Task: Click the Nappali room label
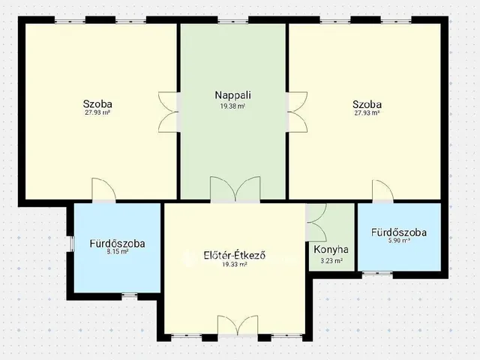coord(233,95)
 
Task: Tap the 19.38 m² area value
coord(232,106)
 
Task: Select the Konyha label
coord(331,250)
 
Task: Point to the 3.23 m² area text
coord(331,261)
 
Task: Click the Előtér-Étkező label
coord(235,255)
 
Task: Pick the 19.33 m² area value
coord(235,265)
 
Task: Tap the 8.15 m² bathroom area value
coord(117,252)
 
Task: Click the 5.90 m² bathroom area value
coord(399,241)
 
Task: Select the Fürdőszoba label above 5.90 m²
coord(399,232)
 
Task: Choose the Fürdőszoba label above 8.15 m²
coord(117,244)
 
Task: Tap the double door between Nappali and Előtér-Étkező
coord(235,190)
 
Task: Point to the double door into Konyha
coord(316,222)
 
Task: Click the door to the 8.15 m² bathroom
coord(104,190)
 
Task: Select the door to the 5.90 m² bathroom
coord(383,191)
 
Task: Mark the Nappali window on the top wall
coord(233,21)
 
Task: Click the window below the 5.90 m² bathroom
coord(377,273)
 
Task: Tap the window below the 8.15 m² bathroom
coord(130,295)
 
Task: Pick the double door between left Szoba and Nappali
coord(168,112)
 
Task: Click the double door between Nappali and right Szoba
coord(297,112)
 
